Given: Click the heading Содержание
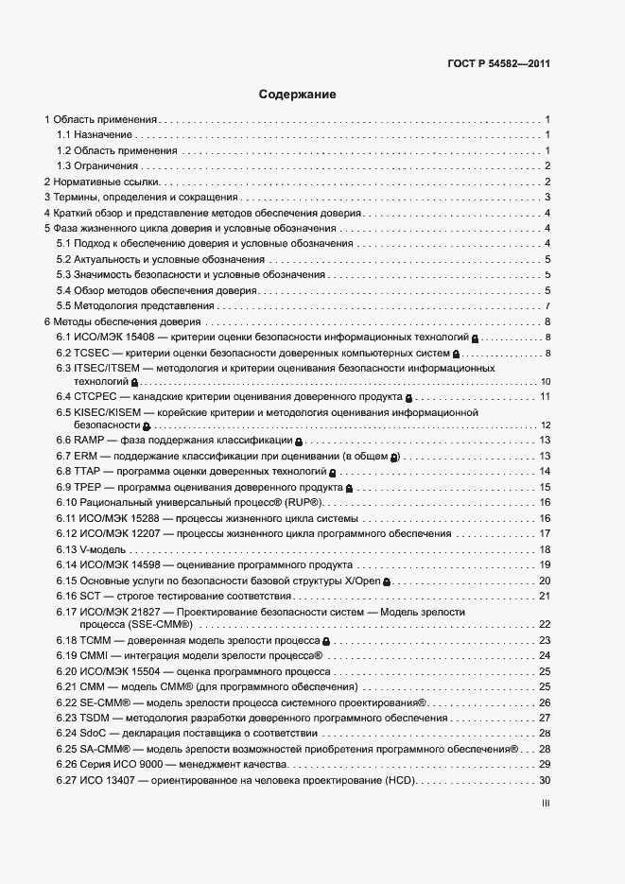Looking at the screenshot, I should click(298, 95).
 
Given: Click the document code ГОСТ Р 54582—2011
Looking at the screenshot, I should click(498, 64).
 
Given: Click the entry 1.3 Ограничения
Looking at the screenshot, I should click(97, 166).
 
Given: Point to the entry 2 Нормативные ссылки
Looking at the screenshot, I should click(102, 182).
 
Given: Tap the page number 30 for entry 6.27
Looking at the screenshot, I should click(545, 780).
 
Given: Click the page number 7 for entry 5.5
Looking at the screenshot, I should click(547, 306).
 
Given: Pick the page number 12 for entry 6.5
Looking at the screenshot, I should click(545, 425).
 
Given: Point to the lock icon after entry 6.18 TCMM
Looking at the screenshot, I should click(325, 641).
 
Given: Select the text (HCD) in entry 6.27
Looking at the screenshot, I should click(393, 780).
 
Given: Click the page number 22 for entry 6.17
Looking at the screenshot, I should click(545, 625).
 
